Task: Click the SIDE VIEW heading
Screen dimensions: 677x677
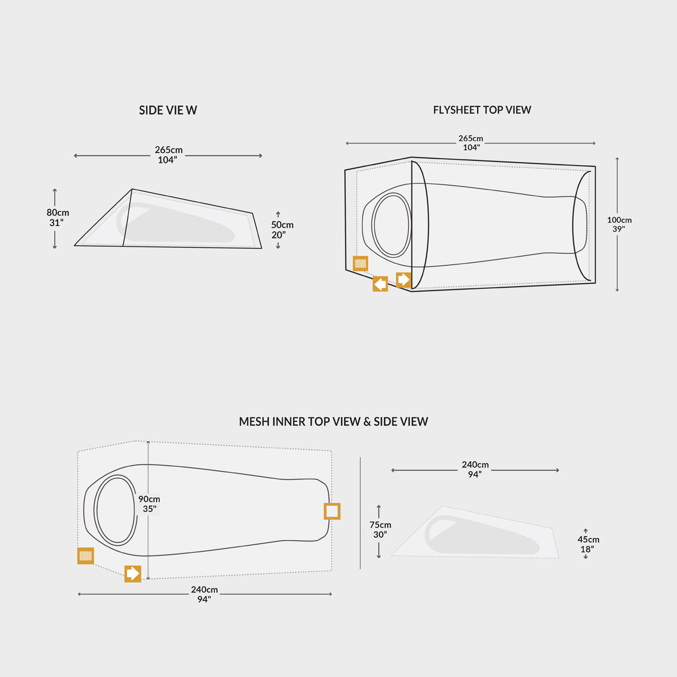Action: coord(168,110)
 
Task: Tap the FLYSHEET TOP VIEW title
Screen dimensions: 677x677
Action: coord(482,110)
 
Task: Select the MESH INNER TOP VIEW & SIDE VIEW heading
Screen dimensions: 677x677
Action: coord(333,422)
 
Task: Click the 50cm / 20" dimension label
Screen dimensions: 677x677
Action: coord(282,230)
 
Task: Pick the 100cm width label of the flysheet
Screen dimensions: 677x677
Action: coord(619,224)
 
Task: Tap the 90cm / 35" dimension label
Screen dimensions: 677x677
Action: coord(149,504)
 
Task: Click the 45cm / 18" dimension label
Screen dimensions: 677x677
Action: coord(588,544)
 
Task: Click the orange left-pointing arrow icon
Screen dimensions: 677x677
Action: coord(380,284)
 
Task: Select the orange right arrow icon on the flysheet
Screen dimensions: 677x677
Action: coord(404,280)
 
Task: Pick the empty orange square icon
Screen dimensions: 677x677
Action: coord(332,511)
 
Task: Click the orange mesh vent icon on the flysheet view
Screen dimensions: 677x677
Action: coord(360,264)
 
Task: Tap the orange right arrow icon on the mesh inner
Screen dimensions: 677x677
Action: coord(133,573)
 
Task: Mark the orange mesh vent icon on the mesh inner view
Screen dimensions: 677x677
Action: coord(86,556)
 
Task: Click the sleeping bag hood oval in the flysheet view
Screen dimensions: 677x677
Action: coord(392,224)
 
